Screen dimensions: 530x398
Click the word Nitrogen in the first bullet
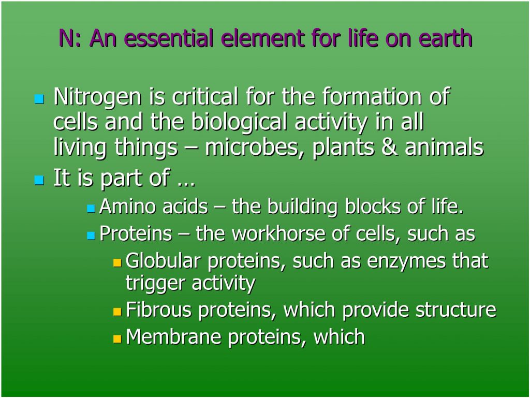click(97, 97)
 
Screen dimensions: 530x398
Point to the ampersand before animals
click(390, 148)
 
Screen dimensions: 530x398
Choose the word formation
click(372, 97)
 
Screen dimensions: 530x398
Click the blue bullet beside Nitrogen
click(39, 99)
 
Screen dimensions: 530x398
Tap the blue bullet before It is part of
click(39, 180)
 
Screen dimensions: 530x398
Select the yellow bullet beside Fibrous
click(117, 312)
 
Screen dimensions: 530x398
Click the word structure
click(455, 309)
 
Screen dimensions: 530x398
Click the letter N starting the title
click(66, 38)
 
